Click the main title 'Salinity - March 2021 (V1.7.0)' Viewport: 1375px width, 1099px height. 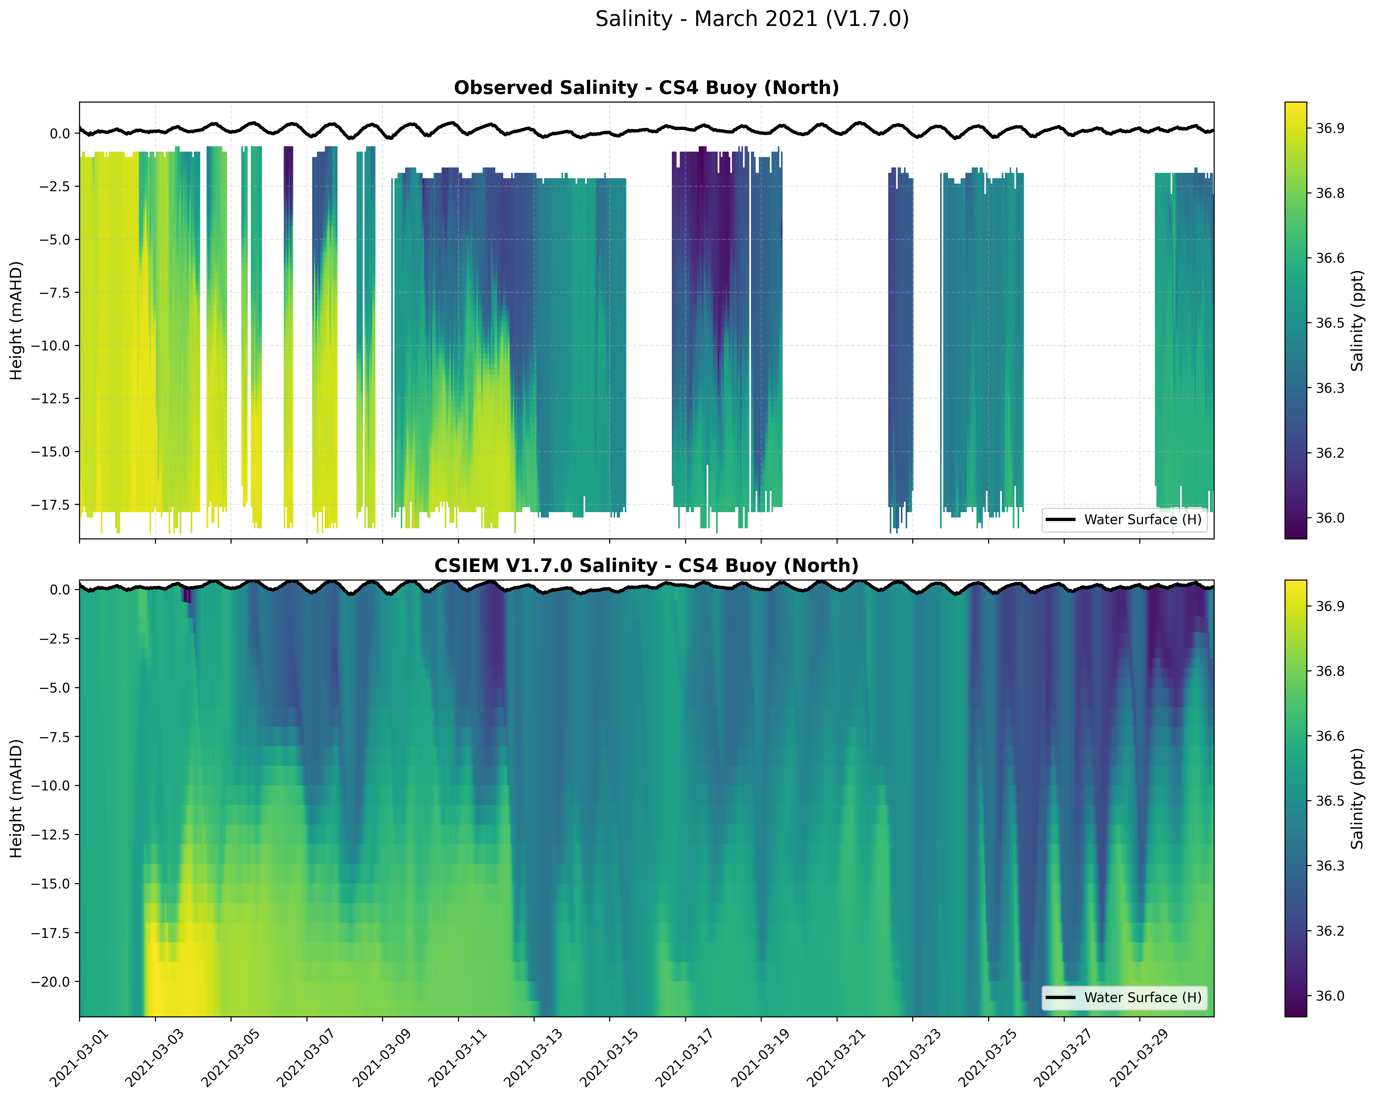pos(752,19)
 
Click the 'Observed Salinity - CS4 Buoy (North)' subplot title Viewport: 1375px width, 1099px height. pos(646,88)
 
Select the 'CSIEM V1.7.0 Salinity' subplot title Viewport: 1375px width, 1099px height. pos(646,566)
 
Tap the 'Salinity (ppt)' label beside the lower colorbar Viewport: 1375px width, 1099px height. pos(1357,798)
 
